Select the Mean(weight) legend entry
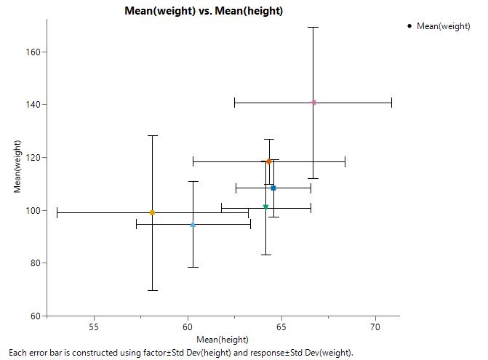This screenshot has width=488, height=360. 444,26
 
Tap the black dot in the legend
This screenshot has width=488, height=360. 410,26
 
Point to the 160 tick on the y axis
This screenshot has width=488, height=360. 33,52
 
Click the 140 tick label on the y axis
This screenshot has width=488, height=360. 33,105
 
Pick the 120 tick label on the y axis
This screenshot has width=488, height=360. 33,158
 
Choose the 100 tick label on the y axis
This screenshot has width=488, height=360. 33,211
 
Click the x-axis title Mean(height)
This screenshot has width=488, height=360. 223,340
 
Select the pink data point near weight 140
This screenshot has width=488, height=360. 313,103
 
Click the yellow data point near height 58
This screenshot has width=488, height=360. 152,213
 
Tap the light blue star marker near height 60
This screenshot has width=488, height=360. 193,225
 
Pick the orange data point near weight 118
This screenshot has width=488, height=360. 268,161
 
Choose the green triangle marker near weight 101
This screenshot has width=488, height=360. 265,207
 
